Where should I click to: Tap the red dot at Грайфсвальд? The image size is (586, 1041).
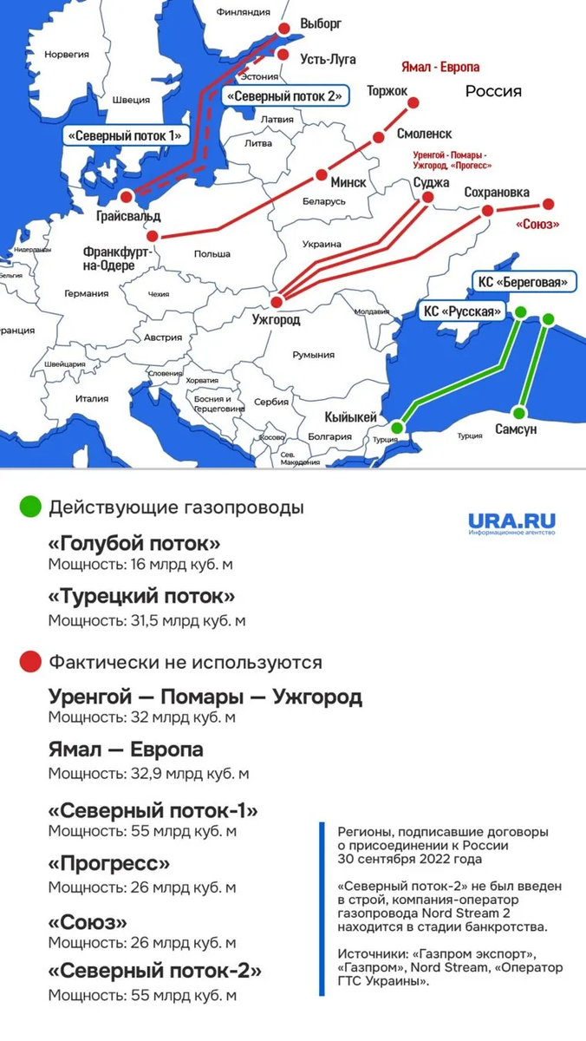pos(127,196)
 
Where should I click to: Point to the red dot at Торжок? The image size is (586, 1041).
pos(413,103)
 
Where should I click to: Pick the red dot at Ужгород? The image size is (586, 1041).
pos(277,302)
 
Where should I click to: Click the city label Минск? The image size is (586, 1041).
pos(348,183)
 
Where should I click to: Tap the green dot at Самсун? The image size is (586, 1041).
pos(519,412)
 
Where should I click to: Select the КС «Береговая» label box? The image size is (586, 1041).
pos(524,282)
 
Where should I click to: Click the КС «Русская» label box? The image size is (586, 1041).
pos(462,311)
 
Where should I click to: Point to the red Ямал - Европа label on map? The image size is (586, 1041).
pos(440,66)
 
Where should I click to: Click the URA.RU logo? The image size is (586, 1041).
pos(511,523)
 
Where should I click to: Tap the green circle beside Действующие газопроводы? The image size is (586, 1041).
pos(31,507)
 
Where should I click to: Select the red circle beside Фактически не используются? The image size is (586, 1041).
pos(31,662)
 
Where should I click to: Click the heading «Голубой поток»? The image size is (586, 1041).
pos(134,543)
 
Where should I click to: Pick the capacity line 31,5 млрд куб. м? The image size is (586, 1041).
pos(146,620)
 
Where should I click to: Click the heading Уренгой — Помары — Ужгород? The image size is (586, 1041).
pos(205,697)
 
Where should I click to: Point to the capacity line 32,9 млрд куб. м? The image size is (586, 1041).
pos(148,773)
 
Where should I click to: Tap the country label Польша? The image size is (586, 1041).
pos(212,254)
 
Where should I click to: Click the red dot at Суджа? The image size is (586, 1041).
pos(426,198)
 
